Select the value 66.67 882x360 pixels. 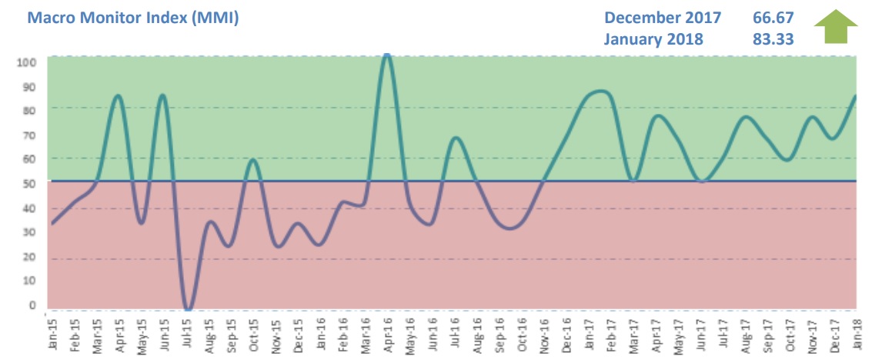[772, 17]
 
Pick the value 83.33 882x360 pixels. [772, 38]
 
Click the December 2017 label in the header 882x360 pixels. [663, 17]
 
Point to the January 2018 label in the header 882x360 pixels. [653, 38]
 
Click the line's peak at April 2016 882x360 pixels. [387, 56]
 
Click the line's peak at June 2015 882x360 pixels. [162, 95]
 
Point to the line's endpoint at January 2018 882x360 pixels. [856, 96]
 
